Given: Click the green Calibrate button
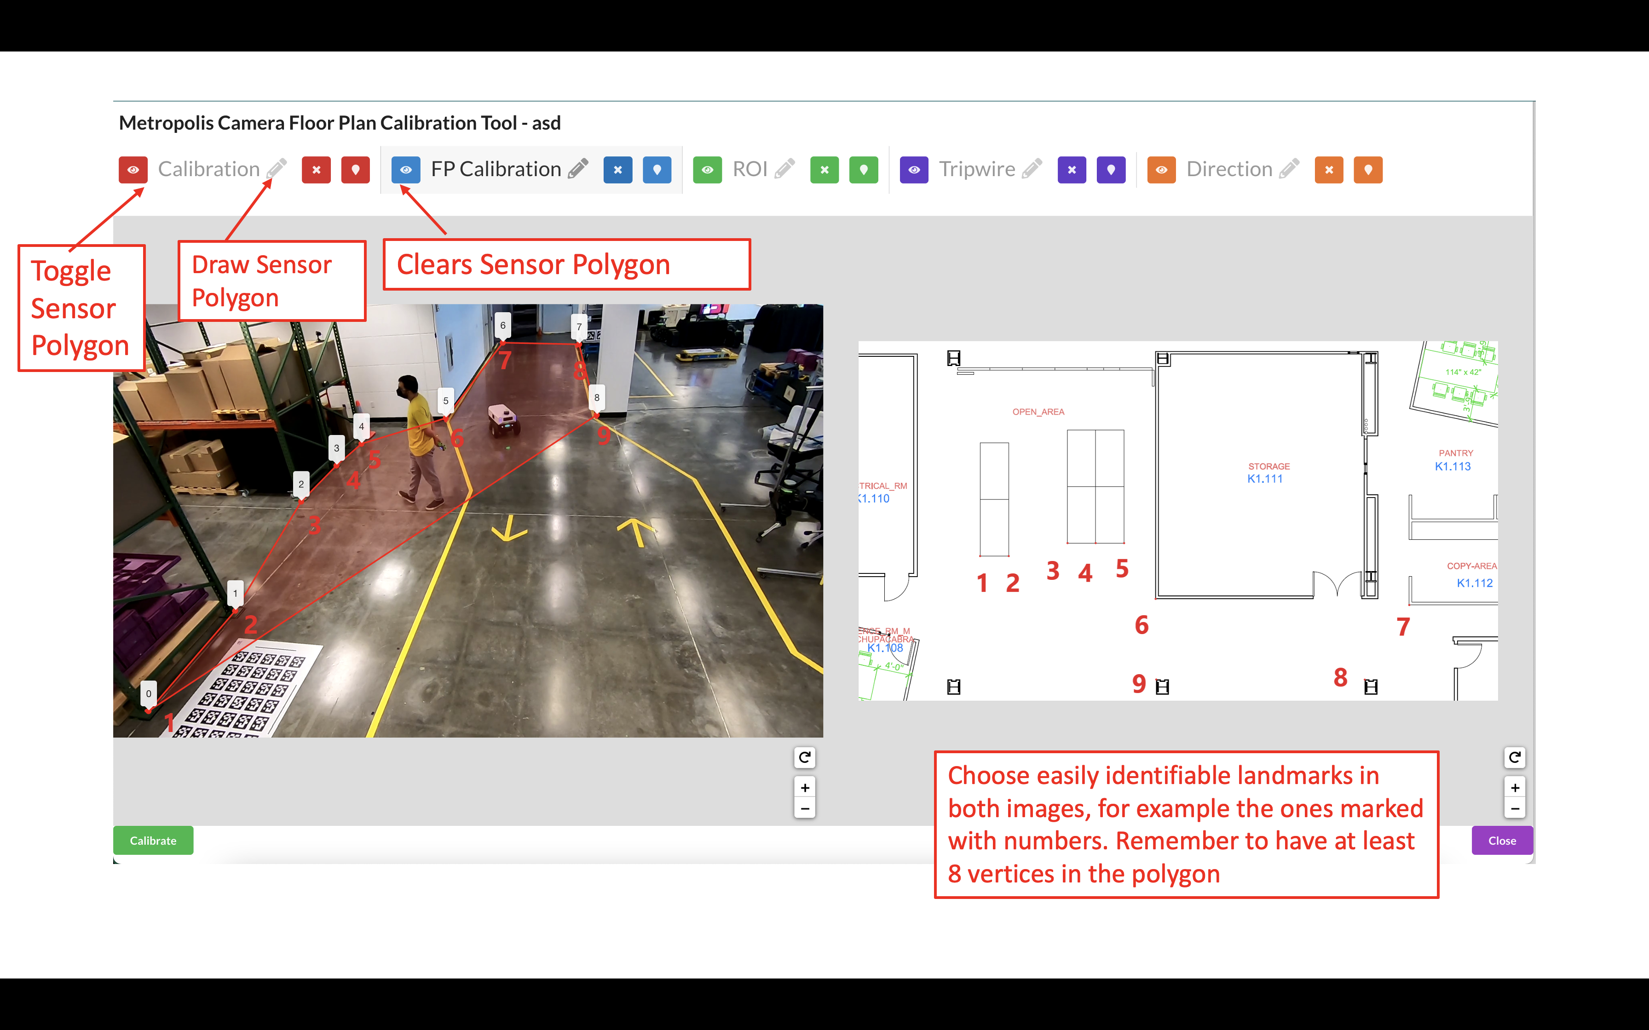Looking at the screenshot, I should (x=153, y=840).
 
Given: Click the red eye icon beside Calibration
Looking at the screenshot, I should (x=133, y=170).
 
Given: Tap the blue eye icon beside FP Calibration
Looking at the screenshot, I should (x=405, y=170).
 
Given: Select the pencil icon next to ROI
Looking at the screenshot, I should (x=785, y=169).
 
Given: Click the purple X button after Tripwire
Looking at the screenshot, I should (x=1071, y=170).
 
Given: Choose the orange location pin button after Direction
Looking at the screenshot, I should (x=1367, y=170).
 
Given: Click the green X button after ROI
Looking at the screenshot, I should (x=824, y=170).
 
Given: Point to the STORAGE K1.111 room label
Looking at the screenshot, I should (x=1267, y=473).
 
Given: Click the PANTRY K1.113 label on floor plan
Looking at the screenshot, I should (x=1453, y=460).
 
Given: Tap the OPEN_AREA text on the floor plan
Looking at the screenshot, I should (x=1038, y=412).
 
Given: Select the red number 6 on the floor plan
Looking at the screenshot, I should (x=1142, y=625).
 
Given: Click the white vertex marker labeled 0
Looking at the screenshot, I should (x=149, y=693).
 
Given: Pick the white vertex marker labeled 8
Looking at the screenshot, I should (x=596, y=398).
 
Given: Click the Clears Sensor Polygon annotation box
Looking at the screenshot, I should (x=566, y=264).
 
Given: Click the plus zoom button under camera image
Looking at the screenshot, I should (x=804, y=788).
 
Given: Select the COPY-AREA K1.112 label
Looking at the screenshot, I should (x=1472, y=575).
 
